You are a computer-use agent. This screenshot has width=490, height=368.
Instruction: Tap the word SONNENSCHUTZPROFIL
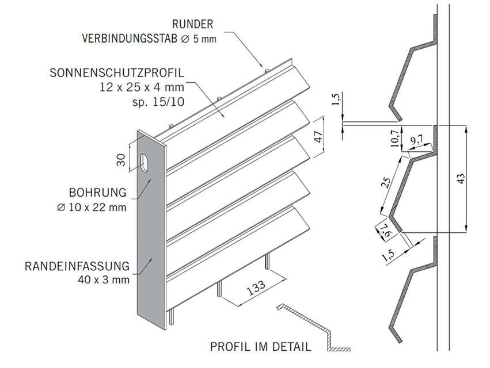tap(116, 74)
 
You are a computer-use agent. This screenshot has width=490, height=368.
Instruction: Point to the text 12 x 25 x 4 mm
tap(141, 88)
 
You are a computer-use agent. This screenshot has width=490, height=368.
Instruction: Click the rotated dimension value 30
tap(121, 160)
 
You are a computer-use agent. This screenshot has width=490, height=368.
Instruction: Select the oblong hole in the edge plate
tap(143, 163)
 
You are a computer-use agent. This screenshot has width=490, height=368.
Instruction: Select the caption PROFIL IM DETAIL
tap(260, 347)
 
